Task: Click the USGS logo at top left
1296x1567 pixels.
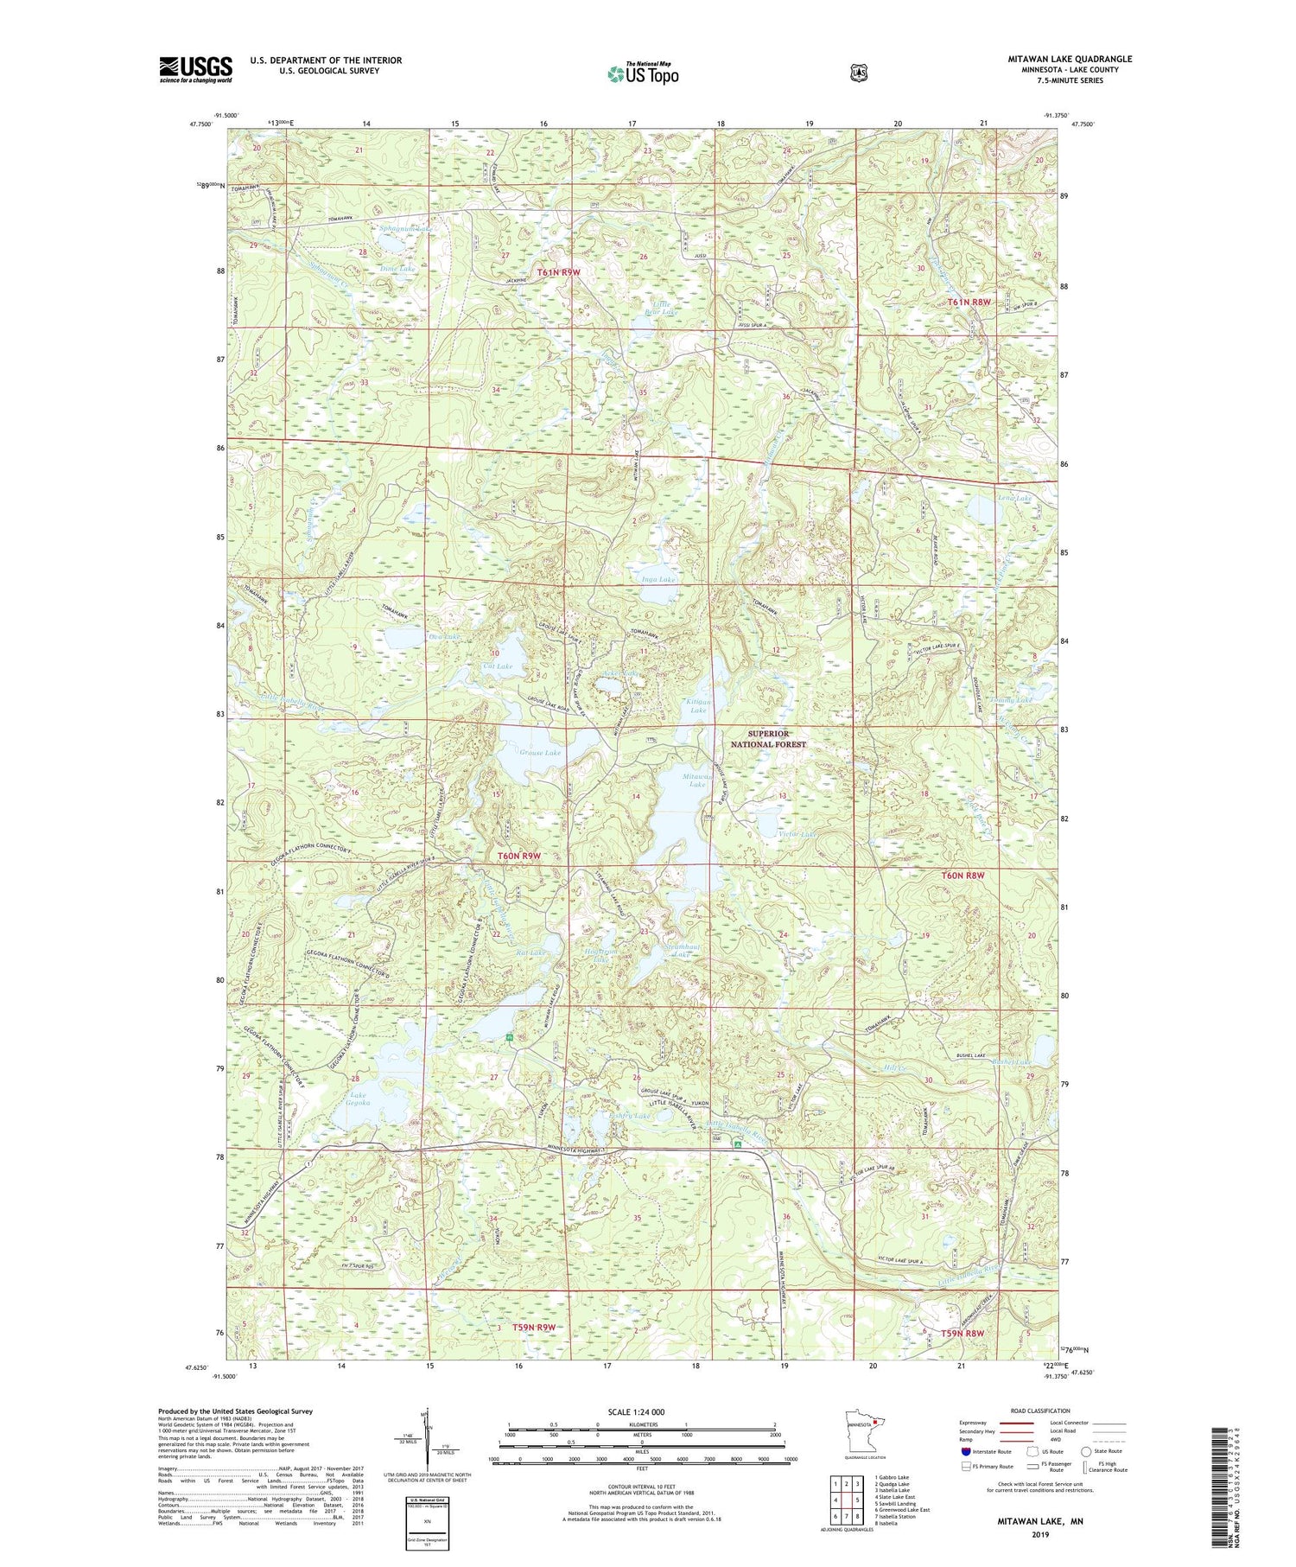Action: (195, 69)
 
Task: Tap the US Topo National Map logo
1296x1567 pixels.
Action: (643, 73)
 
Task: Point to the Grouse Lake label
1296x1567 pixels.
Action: (540, 753)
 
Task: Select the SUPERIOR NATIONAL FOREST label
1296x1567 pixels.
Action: (768, 739)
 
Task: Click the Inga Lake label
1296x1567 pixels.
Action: (658, 580)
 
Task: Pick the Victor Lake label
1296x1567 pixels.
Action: (797, 835)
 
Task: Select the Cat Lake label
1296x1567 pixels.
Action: (498, 666)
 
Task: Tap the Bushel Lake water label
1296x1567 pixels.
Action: (1012, 1062)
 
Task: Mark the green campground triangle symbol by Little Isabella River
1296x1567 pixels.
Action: (737, 1144)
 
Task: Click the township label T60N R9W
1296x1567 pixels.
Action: (519, 856)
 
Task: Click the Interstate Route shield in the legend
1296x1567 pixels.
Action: (966, 1451)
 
